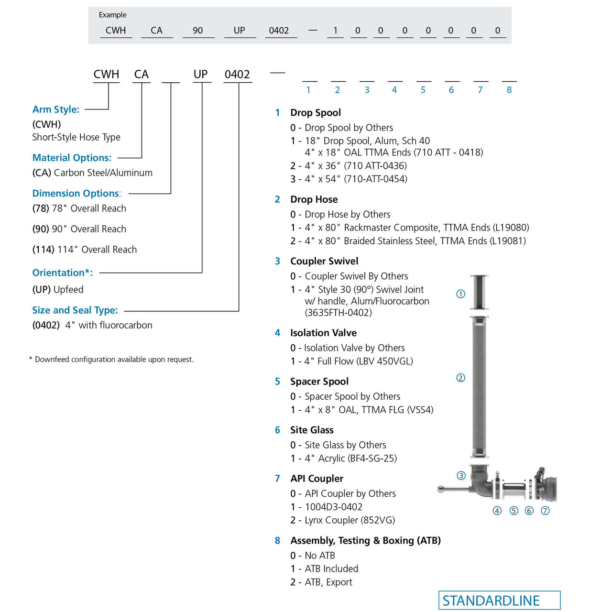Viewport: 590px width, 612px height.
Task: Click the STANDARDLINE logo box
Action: [x=499, y=601]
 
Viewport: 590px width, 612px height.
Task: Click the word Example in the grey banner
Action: [x=112, y=15]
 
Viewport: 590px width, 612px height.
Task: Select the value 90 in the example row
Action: [x=197, y=31]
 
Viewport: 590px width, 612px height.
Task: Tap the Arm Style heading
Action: [x=56, y=109]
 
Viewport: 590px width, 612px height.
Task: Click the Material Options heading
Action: [x=72, y=158]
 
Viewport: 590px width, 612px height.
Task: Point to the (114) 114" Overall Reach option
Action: [x=85, y=250]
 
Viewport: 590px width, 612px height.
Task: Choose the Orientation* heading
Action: [x=63, y=273]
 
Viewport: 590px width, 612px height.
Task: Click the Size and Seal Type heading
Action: [x=75, y=310]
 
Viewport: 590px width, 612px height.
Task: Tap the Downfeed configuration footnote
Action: [x=111, y=360]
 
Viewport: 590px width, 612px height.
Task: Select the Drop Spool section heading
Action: [x=316, y=113]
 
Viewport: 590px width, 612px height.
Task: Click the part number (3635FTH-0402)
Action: [x=338, y=313]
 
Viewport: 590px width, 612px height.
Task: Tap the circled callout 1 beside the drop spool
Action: [x=460, y=294]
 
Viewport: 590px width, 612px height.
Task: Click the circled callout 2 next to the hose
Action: [x=460, y=378]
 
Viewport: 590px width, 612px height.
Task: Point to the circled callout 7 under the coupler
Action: [x=545, y=511]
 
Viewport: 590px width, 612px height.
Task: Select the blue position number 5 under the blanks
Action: [x=423, y=90]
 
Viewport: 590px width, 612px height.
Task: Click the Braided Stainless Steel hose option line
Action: [x=408, y=241]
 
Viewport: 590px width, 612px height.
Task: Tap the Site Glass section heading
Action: [x=312, y=430]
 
